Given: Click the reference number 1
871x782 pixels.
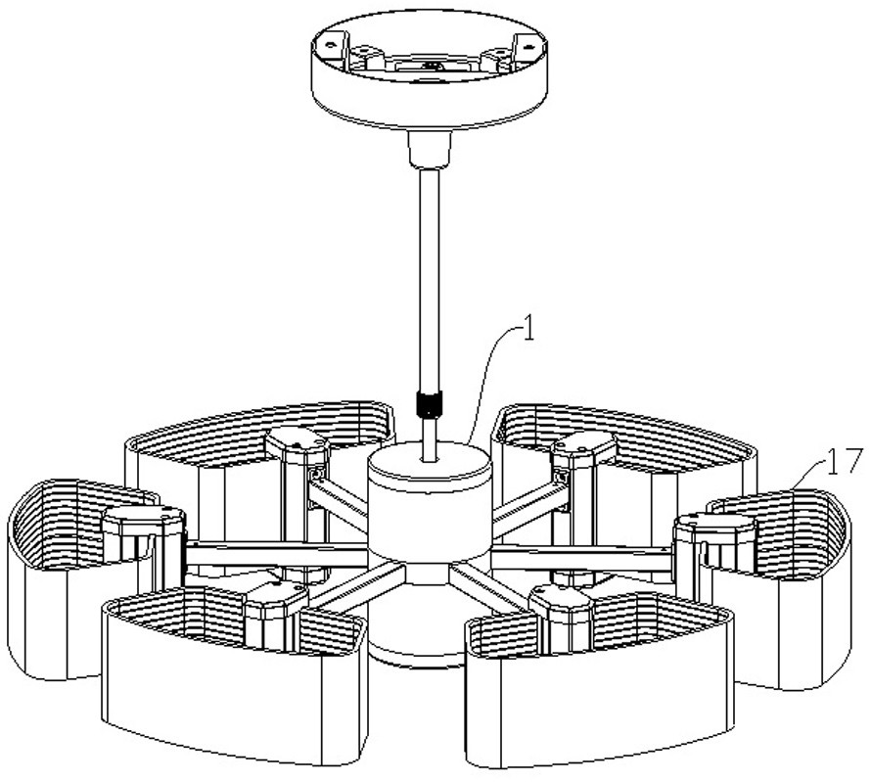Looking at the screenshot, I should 527,330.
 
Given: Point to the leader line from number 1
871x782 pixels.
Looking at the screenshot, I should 489,372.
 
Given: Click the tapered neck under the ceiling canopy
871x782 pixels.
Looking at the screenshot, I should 428,149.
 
